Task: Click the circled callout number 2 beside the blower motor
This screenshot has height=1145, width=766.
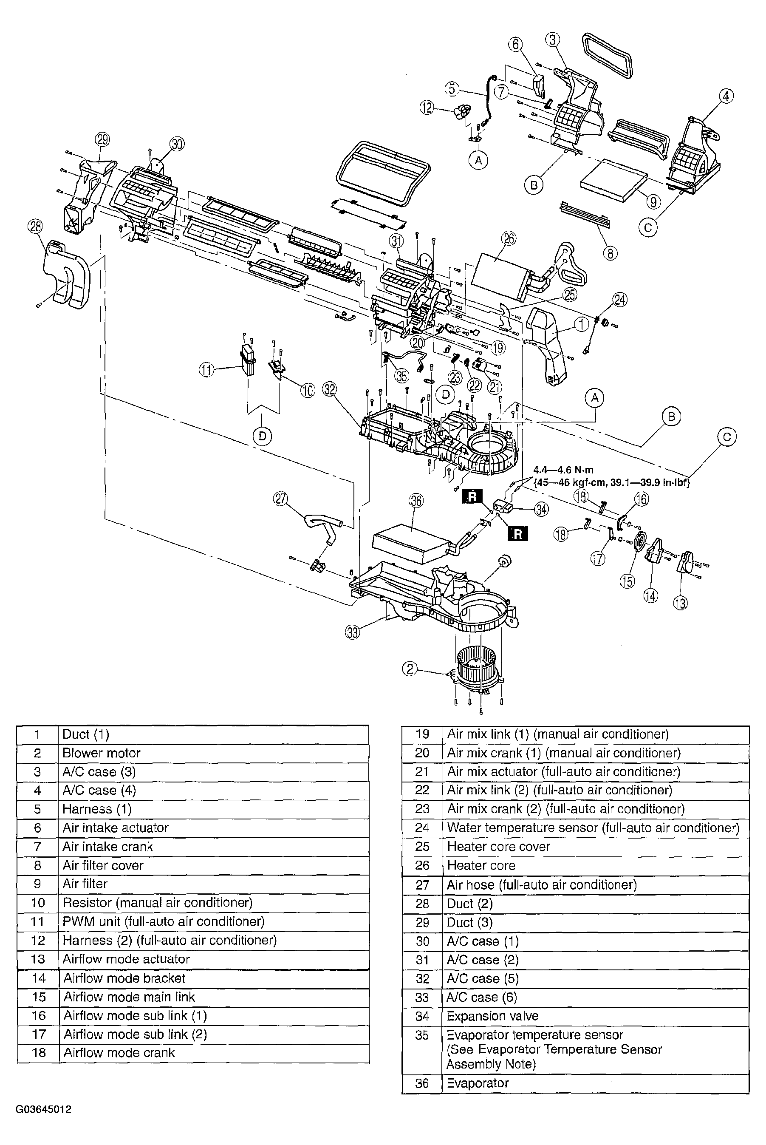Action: tap(410, 668)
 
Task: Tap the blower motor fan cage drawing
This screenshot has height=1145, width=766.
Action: tap(478, 669)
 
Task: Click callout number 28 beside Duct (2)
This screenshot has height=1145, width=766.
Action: tap(35, 227)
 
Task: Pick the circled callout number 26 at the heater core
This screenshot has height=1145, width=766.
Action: tap(509, 238)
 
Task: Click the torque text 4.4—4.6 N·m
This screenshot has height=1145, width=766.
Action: tap(563, 470)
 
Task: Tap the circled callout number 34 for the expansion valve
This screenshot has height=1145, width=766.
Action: tap(541, 509)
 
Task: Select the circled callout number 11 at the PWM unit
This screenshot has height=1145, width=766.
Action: tap(206, 370)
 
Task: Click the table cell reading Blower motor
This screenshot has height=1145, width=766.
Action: tap(102, 753)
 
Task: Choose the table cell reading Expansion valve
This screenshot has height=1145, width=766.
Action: tap(492, 1016)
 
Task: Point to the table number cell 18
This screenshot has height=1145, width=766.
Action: tap(38, 1053)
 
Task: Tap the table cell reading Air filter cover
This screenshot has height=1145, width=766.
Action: tap(103, 865)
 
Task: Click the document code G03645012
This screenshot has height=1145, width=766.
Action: tap(43, 1109)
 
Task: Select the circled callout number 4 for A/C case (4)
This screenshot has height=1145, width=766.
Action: tap(726, 96)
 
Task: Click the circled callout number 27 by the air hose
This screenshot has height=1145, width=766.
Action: tap(280, 499)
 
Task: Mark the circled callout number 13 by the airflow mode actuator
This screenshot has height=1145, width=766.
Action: tap(681, 603)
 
